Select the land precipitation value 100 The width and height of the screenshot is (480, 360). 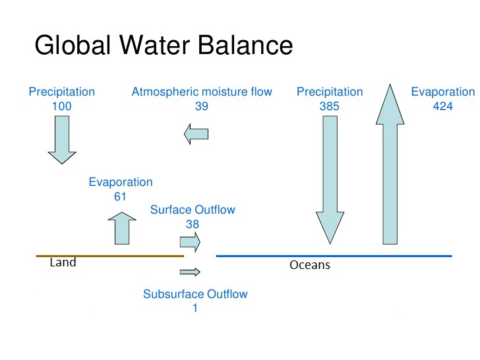point(61,105)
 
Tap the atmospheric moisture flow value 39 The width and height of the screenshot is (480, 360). point(202,105)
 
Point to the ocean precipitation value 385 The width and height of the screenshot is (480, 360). point(330,105)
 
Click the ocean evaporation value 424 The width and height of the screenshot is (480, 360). point(442,105)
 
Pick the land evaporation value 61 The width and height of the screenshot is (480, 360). point(120,196)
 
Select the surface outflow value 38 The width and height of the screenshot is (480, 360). point(193,224)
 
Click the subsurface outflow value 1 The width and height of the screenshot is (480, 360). point(195,307)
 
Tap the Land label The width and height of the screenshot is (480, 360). point(63,262)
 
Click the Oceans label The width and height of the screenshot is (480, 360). point(310,266)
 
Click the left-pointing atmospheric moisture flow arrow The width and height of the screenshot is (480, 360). point(196,134)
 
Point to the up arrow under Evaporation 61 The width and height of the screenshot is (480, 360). point(121,228)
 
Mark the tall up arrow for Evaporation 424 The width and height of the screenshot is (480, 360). point(390,165)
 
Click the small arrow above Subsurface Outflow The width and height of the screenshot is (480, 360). point(190,272)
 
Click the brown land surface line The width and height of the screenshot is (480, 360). point(109,255)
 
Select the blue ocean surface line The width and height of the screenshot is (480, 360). point(334,255)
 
